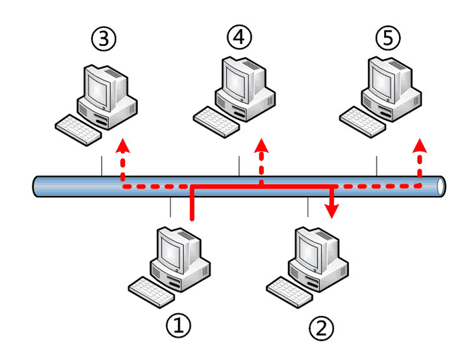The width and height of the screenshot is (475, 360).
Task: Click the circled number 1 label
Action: (x=178, y=326)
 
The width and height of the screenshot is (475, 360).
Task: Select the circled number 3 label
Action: (x=103, y=39)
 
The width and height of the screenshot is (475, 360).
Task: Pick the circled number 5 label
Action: (x=387, y=39)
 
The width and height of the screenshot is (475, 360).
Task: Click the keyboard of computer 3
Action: (x=77, y=127)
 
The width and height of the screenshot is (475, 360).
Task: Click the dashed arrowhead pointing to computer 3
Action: (x=122, y=145)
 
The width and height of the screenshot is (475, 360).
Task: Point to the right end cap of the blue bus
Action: (x=442, y=185)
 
